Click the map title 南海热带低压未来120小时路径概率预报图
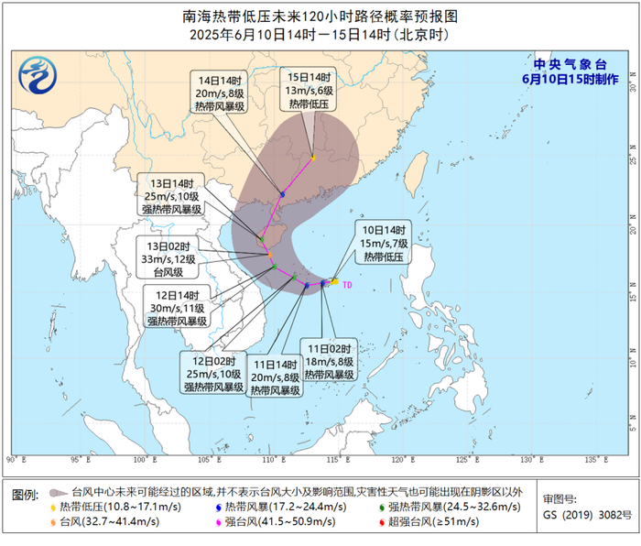pyautogui.click(x=320, y=16)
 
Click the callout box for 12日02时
pyautogui.click(x=212, y=374)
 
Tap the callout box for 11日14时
pyautogui.click(x=277, y=377)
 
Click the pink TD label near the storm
pyautogui.click(x=347, y=285)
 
